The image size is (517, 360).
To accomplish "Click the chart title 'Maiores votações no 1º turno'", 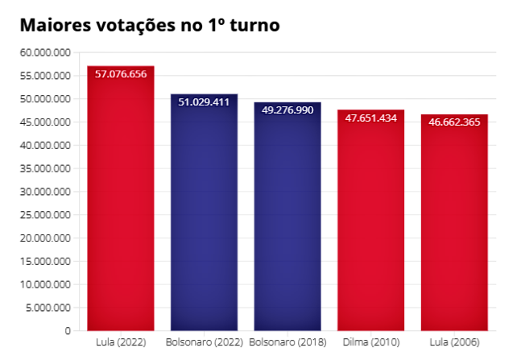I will (x=149, y=25).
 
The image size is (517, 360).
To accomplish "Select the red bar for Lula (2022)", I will (x=121, y=201).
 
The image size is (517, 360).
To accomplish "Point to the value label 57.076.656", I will (x=121, y=74).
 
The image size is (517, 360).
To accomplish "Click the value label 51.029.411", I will (x=204, y=102).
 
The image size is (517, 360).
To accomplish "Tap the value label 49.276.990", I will (x=287, y=110).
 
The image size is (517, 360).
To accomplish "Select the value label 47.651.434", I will (x=370, y=118).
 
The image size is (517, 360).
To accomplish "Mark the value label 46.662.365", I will (x=454, y=122).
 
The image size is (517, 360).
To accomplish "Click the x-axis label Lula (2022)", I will (x=121, y=342).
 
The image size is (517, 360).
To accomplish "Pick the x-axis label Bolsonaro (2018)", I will (x=287, y=342).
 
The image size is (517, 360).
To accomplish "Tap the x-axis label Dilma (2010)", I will (x=370, y=342).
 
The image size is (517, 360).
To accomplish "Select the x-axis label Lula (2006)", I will (x=454, y=342).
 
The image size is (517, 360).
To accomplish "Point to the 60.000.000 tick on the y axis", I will (x=45, y=52).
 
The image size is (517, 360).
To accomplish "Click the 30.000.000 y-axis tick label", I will (x=45, y=192).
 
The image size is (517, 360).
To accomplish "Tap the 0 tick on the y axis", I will (x=68, y=331).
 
